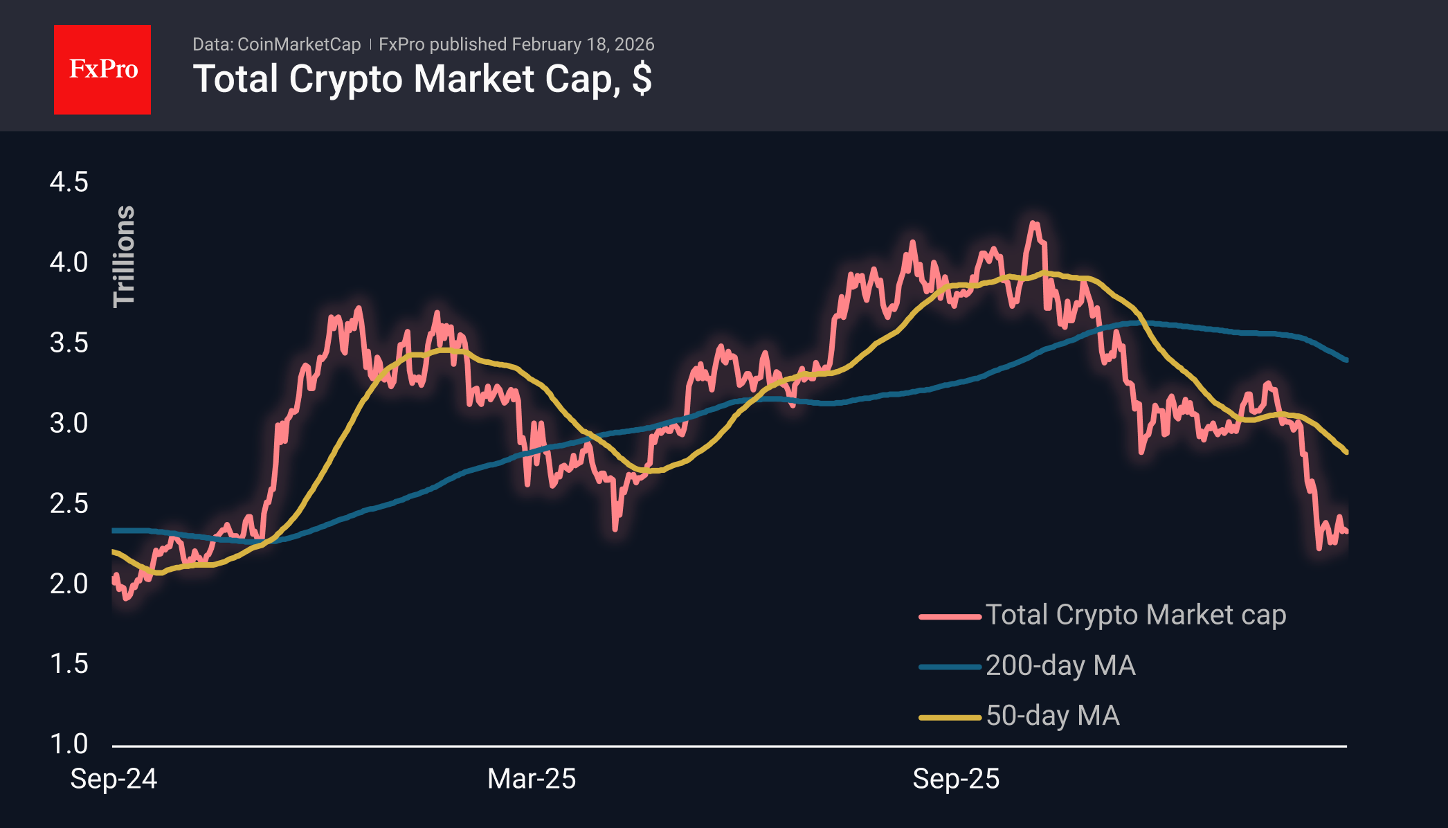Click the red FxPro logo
[102, 69]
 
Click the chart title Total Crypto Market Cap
[422, 79]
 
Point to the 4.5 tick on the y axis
[69, 182]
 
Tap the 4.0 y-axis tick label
[69, 262]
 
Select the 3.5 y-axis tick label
[69, 343]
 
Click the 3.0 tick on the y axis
[69, 423]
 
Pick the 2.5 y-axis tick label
[69, 503]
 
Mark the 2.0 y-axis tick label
[69, 584]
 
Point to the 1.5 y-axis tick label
[69, 664]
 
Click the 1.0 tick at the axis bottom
[69, 744]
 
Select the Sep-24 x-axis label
[114, 779]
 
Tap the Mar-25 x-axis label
[532, 779]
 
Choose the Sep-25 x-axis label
[956, 779]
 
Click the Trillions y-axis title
[125, 256]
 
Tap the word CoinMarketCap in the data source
[299, 44]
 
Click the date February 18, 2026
[583, 44]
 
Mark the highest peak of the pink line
[1033, 223]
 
